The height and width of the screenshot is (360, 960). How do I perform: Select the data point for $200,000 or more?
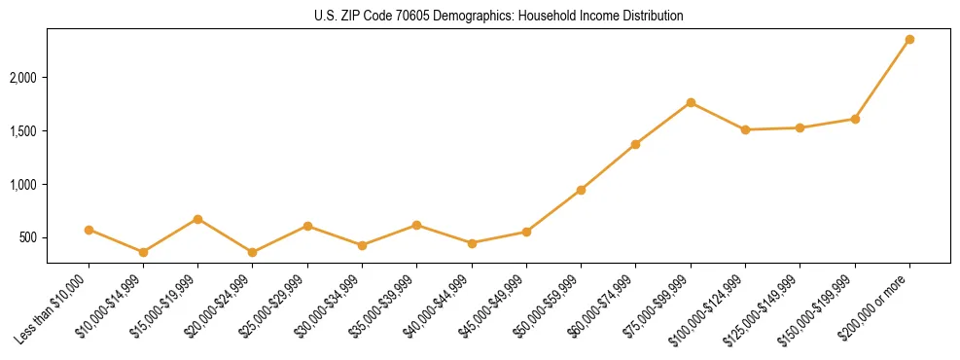(909, 39)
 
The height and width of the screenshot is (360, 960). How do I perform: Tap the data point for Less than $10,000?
(89, 230)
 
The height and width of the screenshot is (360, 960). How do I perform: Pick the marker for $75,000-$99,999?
(691, 102)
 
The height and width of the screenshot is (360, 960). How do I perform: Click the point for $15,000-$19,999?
(197, 219)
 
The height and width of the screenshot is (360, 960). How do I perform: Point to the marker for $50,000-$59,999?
(581, 190)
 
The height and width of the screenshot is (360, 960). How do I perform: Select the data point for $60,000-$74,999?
(635, 144)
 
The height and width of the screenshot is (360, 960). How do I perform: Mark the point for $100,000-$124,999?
(745, 129)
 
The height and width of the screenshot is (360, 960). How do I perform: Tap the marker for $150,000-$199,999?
(855, 119)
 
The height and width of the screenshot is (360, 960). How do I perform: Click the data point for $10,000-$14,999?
(143, 252)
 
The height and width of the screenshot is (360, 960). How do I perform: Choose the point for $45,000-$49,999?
(526, 232)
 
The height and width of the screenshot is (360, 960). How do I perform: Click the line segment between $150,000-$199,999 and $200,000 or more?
(882, 79)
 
